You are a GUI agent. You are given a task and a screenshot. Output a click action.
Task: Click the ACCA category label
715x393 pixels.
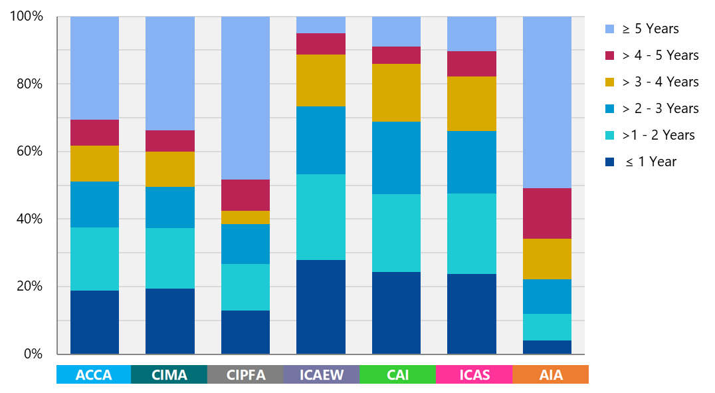(94, 375)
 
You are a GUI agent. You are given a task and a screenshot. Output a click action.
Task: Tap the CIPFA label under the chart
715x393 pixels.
(245, 375)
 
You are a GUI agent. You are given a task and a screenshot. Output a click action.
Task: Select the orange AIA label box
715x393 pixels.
(550, 375)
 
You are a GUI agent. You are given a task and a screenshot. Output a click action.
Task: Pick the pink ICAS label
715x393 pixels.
(474, 375)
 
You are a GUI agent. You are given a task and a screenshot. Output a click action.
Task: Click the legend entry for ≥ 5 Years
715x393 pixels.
(651, 29)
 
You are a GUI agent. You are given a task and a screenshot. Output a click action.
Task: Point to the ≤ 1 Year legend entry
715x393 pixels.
(651, 162)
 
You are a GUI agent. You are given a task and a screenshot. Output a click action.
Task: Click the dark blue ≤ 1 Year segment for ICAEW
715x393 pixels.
(321, 307)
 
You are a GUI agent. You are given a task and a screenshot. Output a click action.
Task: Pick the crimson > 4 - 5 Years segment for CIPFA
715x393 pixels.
(245, 195)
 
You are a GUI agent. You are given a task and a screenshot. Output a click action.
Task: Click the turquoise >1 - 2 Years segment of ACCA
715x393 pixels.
(94, 259)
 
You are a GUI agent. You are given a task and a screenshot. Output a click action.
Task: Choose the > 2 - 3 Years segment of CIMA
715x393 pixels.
(169, 207)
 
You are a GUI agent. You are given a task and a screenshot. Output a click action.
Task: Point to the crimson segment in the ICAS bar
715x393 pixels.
(472, 64)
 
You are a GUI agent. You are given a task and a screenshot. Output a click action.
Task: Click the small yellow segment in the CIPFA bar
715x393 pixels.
(245, 217)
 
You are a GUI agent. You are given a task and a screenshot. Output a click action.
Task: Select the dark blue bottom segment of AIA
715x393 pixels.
(547, 347)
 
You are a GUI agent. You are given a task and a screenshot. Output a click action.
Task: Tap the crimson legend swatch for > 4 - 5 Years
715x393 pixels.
(610, 55)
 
